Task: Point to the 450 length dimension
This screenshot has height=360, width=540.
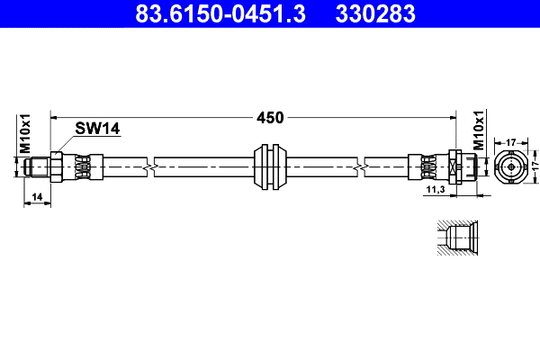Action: (270, 117)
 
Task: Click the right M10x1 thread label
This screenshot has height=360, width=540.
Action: (479, 131)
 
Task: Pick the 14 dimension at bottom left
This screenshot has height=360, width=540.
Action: (37, 196)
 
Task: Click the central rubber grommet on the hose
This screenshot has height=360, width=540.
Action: (271, 166)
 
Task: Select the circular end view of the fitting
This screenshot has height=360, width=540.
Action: (510, 166)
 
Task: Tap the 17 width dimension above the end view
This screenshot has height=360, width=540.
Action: (509, 142)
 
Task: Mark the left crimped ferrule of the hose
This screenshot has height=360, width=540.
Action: (82, 166)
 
